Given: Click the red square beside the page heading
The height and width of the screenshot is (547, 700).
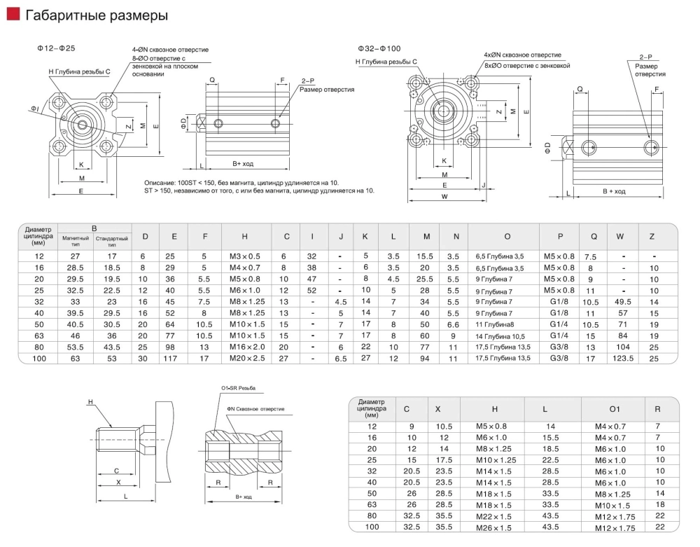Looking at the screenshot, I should point(12,15).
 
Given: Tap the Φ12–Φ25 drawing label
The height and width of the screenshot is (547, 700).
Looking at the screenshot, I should point(57,48).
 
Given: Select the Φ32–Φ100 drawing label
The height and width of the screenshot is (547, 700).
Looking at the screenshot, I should point(379,48).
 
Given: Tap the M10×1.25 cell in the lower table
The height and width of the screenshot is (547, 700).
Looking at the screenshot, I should point(494,459).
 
